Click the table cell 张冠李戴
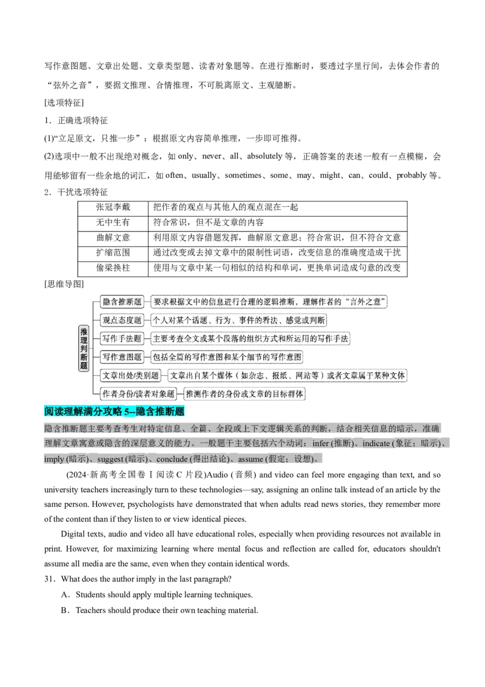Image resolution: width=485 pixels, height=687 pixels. (x=113, y=208)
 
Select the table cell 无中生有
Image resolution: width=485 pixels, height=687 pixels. (x=113, y=223)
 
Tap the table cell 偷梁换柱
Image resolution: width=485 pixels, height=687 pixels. (x=113, y=268)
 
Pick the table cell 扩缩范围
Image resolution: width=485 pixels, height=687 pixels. (x=113, y=253)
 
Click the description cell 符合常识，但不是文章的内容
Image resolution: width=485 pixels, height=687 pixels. (x=278, y=223)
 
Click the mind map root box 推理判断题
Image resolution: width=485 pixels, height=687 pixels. (x=84, y=349)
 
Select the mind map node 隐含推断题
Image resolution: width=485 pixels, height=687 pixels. (x=122, y=302)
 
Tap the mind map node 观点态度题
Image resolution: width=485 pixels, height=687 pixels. (x=122, y=320)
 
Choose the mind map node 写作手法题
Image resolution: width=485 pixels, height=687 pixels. (x=122, y=339)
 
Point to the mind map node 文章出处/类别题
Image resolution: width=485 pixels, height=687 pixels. (x=130, y=376)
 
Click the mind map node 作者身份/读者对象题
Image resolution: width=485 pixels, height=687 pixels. (x=138, y=394)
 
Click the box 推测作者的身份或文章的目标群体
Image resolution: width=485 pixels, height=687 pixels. (x=244, y=394)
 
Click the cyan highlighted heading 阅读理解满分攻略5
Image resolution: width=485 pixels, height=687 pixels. (x=114, y=411)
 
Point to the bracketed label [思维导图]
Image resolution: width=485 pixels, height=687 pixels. (x=64, y=285)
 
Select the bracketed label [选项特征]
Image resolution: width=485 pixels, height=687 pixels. (x=64, y=103)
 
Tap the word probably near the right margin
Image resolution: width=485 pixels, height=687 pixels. (x=411, y=175)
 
